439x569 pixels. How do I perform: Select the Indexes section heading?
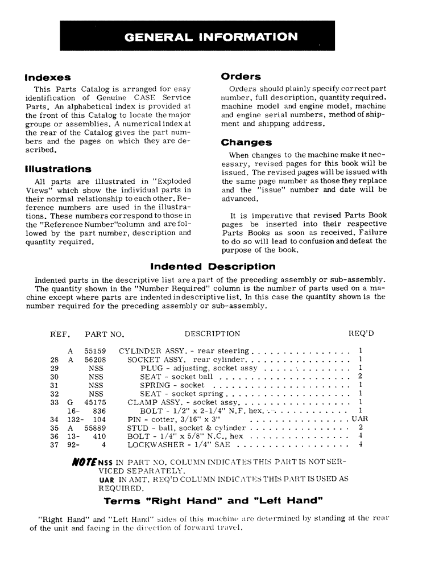click(x=48, y=77)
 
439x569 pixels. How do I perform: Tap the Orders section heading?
click(x=241, y=76)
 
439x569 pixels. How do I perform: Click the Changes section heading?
click(x=246, y=142)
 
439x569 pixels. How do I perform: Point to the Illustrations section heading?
click(x=58, y=168)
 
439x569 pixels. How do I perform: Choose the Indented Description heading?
click(x=213, y=266)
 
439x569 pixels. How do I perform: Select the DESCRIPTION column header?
click(x=212, y=334)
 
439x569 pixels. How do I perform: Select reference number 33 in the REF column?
click(x=55, y=402)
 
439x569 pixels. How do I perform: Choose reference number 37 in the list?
click(x=55, y=445)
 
